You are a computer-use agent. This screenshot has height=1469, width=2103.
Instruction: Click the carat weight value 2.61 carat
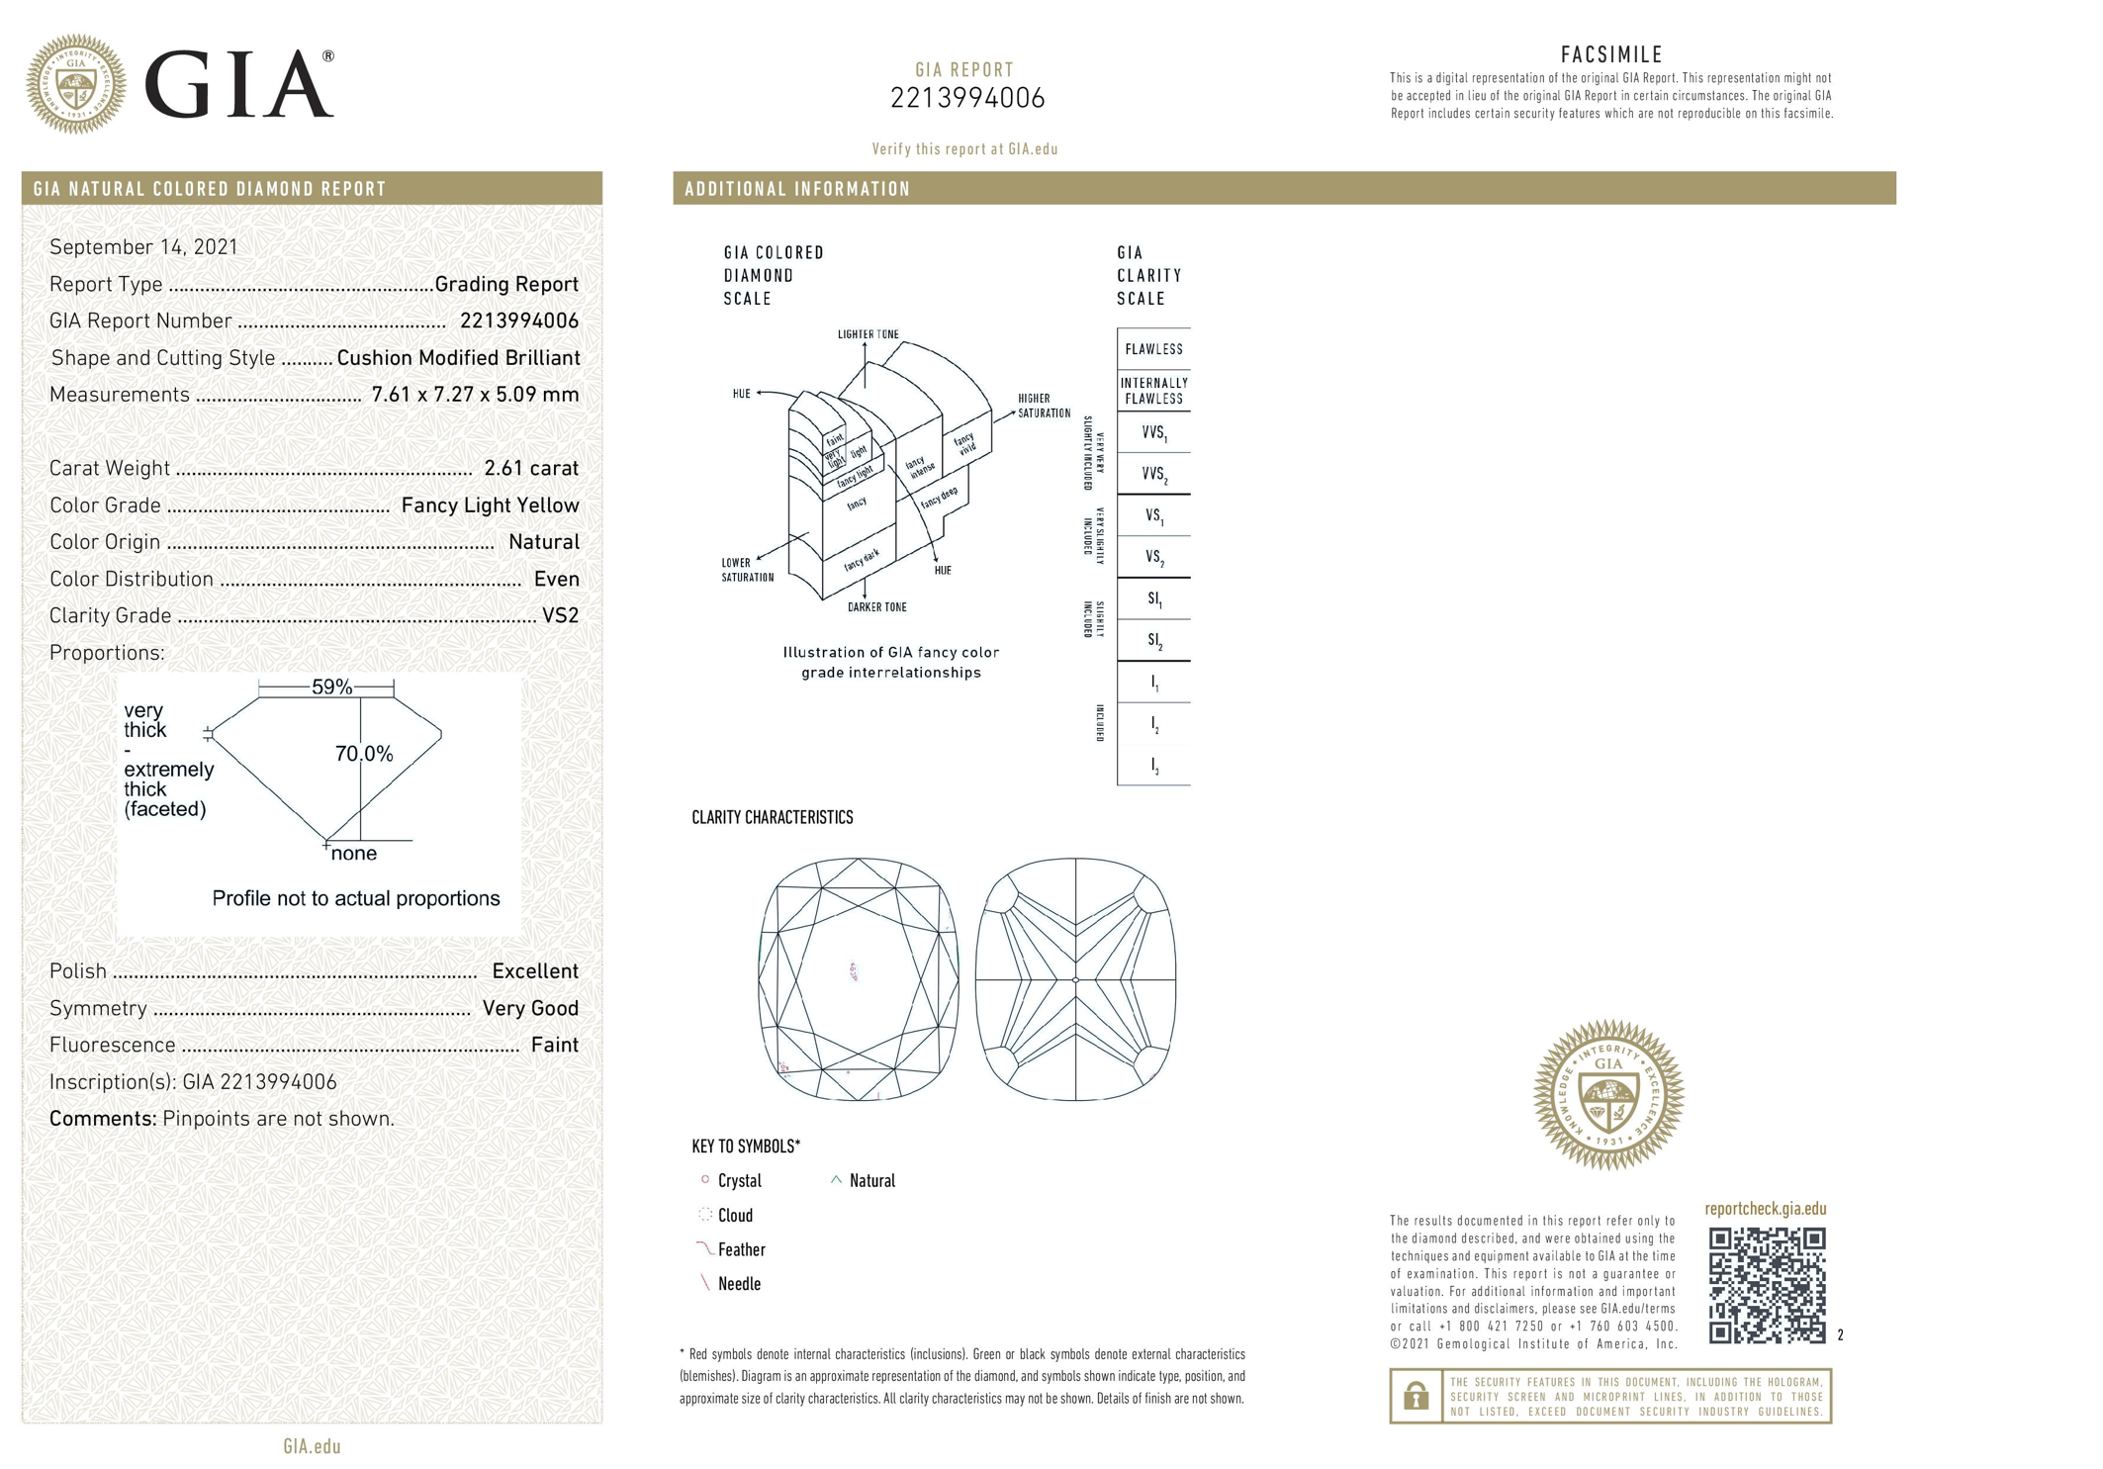pyautogui.click(x=530, y=469)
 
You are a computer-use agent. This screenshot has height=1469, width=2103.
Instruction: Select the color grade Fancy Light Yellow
pyautogui.click(x=490, y=505)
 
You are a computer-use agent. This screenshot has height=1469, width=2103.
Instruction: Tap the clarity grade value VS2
pyautogui.click(x=560, y=616)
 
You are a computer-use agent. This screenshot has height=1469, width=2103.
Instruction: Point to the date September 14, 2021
pyautogui.click(x=143, y=247)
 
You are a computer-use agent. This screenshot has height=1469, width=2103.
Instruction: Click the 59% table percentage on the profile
pyautogui.click(x=331, y=687)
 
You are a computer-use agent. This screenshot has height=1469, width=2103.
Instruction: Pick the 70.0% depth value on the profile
pyautogui.click(x=364, y=754)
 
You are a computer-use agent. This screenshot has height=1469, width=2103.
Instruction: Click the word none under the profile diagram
pyautogui.click(x=354, y=854)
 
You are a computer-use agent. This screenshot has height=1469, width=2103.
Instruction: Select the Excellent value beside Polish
pyautogui.click(x=535, y=971)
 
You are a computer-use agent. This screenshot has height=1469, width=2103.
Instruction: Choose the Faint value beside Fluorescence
pyautogui.click(x=554, y=1046)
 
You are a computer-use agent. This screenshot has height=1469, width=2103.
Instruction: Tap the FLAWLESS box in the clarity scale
pyautogui.click(x=1153, y=349)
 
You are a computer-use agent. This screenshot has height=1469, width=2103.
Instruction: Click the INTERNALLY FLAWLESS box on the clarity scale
pyautogui.click(x=1153, y=391)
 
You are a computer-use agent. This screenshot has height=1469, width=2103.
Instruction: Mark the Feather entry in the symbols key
pyautogui.click(x=741, y=1250)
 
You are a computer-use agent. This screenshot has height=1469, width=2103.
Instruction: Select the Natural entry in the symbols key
pyautogui.click(x=871, y=1181)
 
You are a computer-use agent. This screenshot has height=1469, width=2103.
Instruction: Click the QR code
pyautogui.click(x=1767, y=1285)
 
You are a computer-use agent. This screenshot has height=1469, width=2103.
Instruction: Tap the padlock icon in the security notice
pyautogui.click(x=1416, y=1396)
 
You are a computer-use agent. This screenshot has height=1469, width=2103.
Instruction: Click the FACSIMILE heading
pyautogui.click(x=1611, y=55)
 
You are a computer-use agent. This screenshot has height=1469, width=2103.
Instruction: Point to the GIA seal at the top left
pyautogui.click(x=76, y=84)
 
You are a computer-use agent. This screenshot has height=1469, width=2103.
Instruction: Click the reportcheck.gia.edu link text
pyautogui.click(x=1765, y=1209)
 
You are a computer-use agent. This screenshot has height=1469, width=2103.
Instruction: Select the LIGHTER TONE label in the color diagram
pyautogui.click(x=868, y=334)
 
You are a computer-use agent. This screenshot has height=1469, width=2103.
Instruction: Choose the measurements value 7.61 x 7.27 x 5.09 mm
pyautogui.click(x=475, y=395)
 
